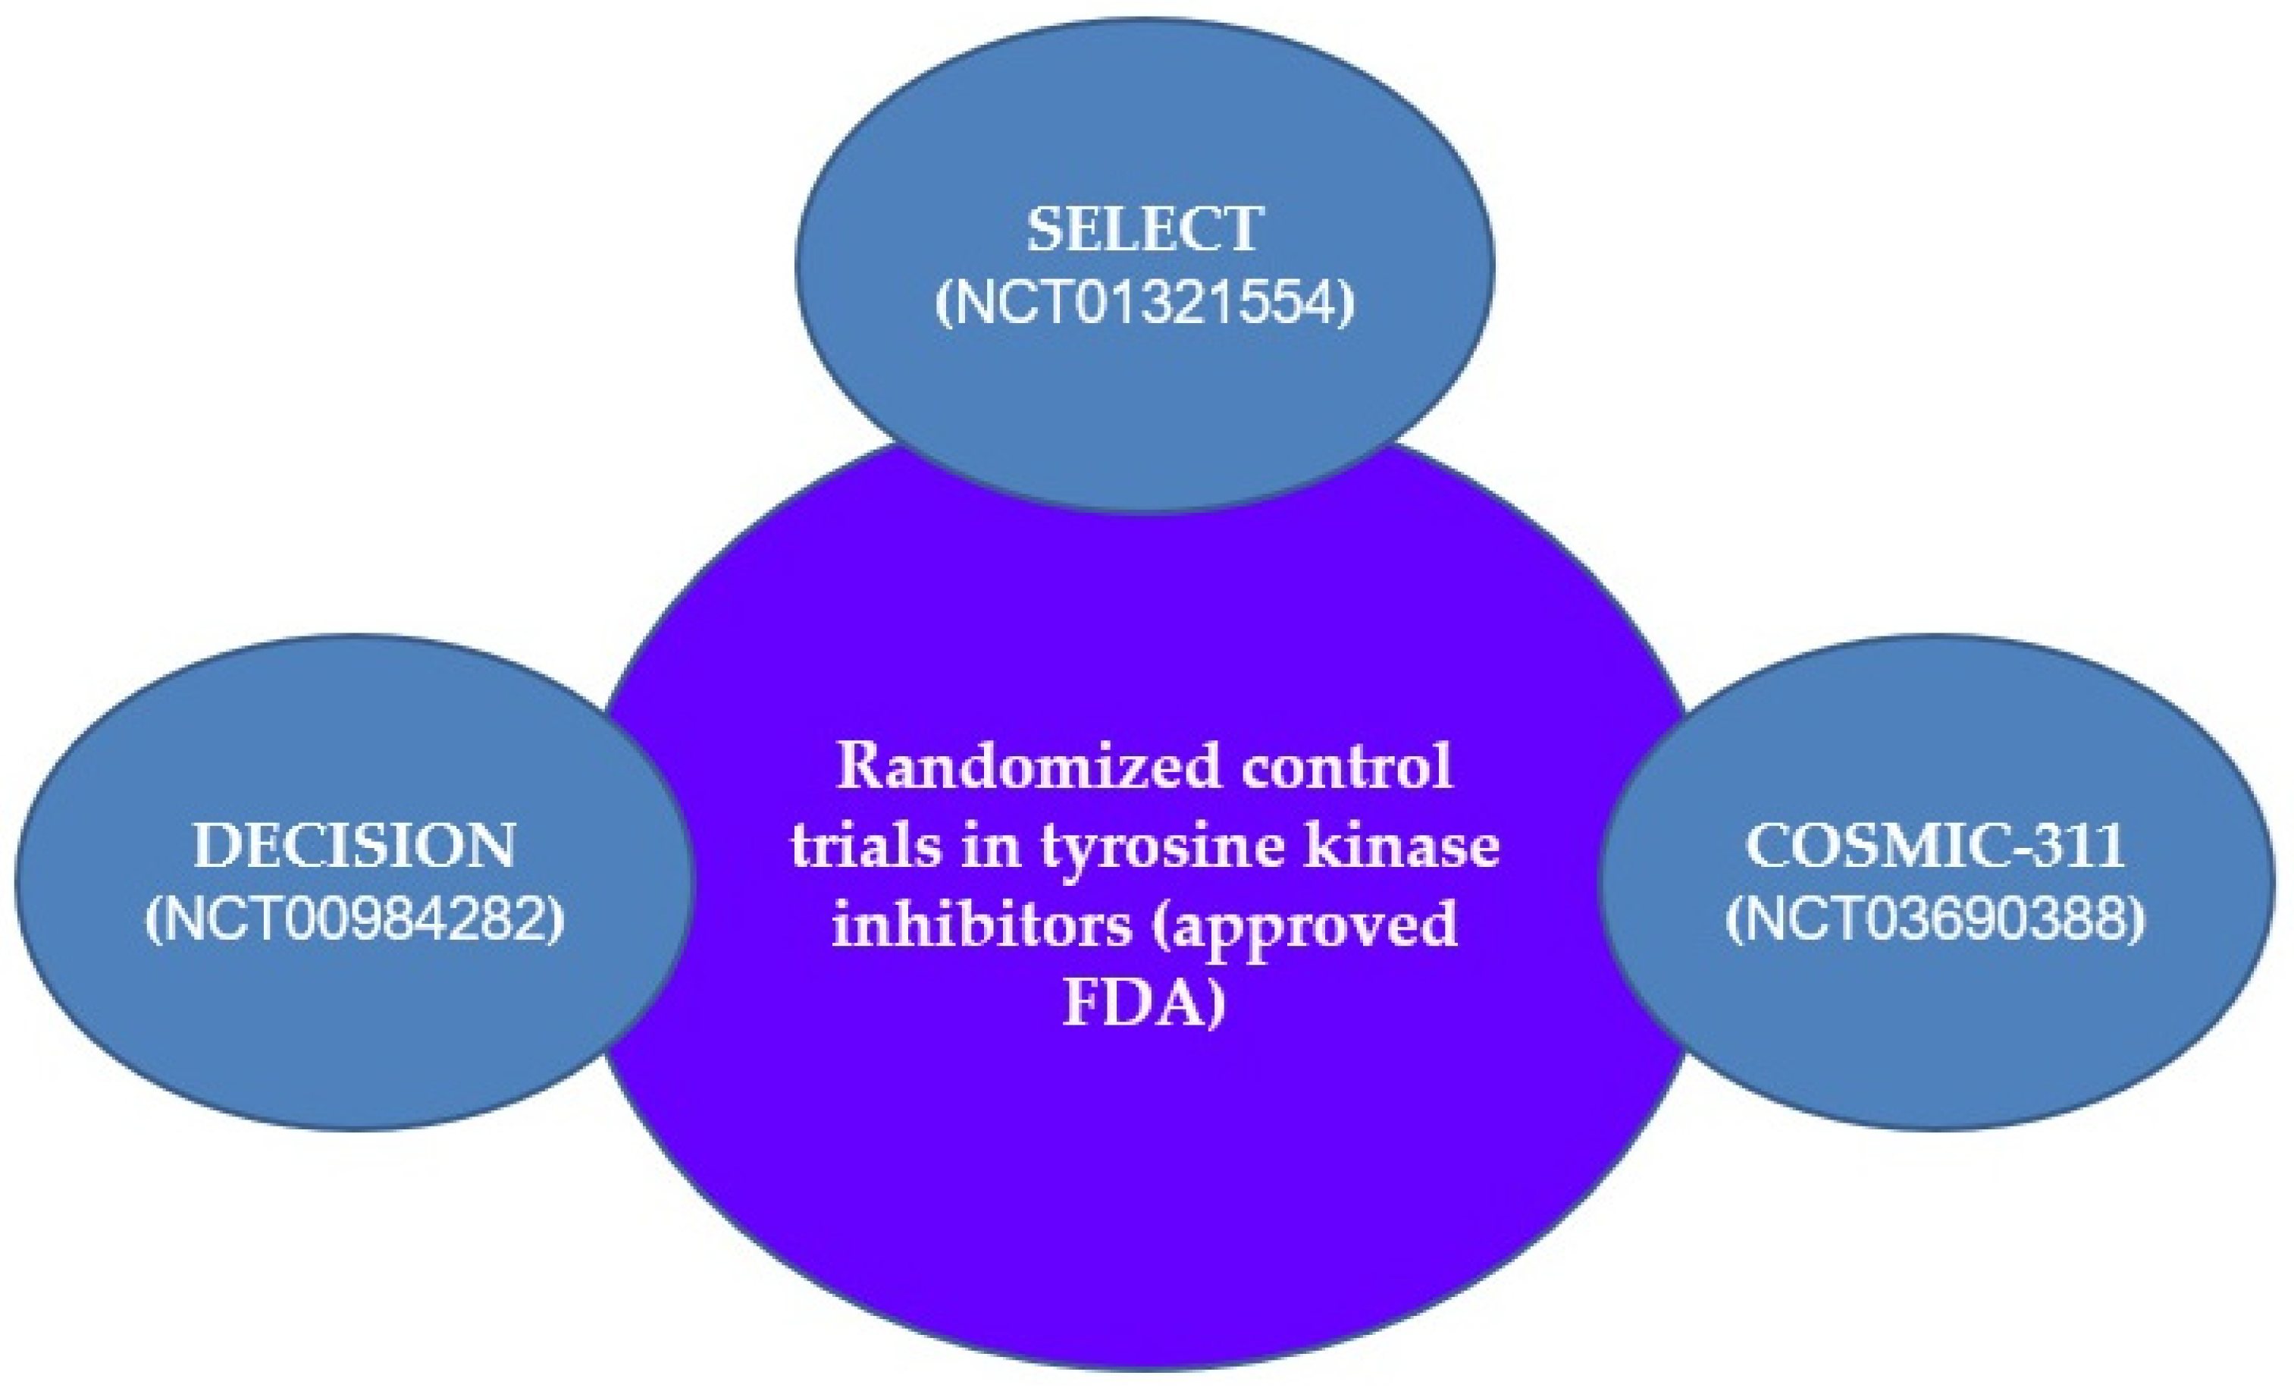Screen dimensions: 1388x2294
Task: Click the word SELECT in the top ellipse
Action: [x=1145, y=229]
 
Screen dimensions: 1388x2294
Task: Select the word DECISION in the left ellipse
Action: [x=354, y=846]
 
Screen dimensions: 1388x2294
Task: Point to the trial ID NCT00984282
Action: [x=355, y=920]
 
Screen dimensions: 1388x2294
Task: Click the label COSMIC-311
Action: [x=1935, y=846]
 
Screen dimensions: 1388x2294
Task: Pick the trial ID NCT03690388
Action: [x=1935, y=920]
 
